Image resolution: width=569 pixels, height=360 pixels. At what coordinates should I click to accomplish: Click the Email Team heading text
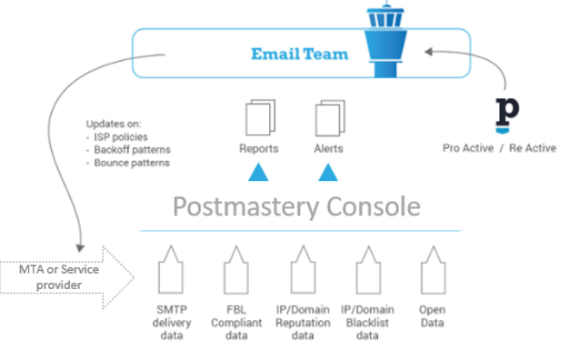(x=299, y=54)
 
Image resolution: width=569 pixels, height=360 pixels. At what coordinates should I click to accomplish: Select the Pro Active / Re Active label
(x=499, y=148)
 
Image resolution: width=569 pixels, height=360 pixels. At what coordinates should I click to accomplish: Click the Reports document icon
(x=259, y=119)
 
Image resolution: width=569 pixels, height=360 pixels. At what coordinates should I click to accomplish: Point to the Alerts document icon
(x=328, y=119)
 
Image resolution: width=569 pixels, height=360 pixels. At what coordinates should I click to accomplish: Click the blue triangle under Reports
(x=259, y=172)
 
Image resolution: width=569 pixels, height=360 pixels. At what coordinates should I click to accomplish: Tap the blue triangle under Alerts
(x=328, y=172)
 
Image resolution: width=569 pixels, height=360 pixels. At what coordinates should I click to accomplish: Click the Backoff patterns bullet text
(x=133, y=149)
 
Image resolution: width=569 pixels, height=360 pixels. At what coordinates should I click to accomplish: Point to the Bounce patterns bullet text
(x=131, y=162)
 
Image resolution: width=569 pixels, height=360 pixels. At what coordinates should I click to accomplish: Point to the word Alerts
(x=328, y=148)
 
